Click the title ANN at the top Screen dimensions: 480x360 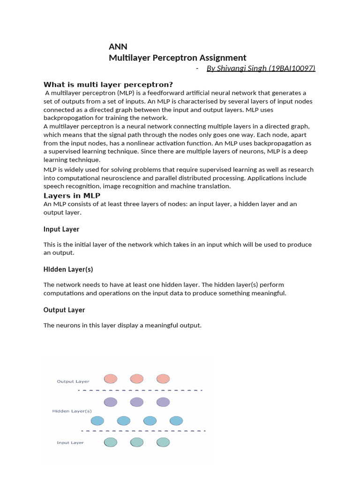pyautogui.click(x=118, y=46)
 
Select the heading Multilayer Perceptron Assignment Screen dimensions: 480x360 pyautogui.click(x=177, y=58)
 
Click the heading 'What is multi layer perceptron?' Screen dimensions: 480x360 pyautogui.click(x=108, y=84)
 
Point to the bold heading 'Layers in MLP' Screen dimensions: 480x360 pyautogui.click(x=72, y=195)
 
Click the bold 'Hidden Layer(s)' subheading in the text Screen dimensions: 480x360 pyautogui.click(x=68, y=270)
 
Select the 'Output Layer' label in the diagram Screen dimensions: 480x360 pyautogui.click(x=73, y=382)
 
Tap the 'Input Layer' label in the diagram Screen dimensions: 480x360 pyautogui.click(x=70, y=442)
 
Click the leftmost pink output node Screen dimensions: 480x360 pyautogui.click(x=110, y=378)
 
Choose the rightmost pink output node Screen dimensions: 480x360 pyautogui.click(x=163, y=378)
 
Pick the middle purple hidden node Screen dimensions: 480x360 pyautogui.click(x=136, y=402)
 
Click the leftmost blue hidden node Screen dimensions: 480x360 pyautogui.click(x=97, y=420)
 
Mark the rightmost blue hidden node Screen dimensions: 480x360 pyautogui.click(x=176, y=420)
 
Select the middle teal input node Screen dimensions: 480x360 pyautogui.click(x=136, y=442)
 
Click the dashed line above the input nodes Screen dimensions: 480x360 pyautogui.click(x=143, y=431)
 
